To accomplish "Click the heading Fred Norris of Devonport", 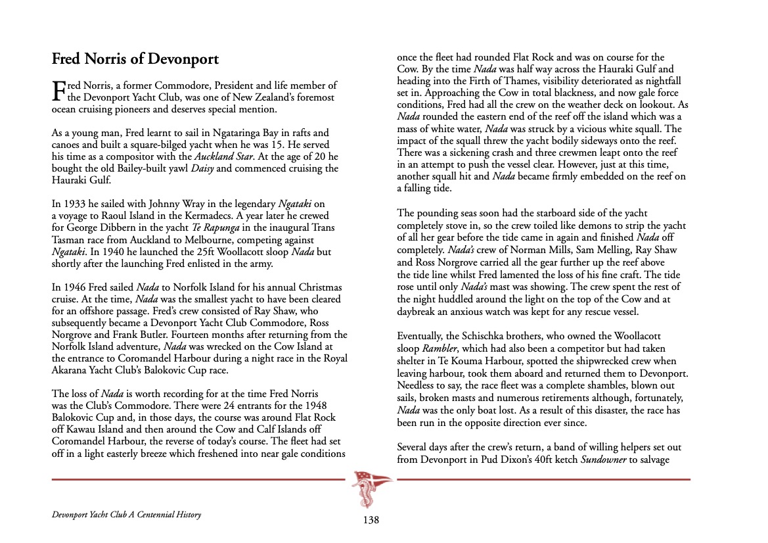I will tap(135, 59).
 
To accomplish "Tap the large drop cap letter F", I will tap(59, 91).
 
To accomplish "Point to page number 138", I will tap(371, 520).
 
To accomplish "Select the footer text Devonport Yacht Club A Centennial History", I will tap(126, 515).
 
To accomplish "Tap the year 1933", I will tap(75, 204).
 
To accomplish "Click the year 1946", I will tap(75, 287).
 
